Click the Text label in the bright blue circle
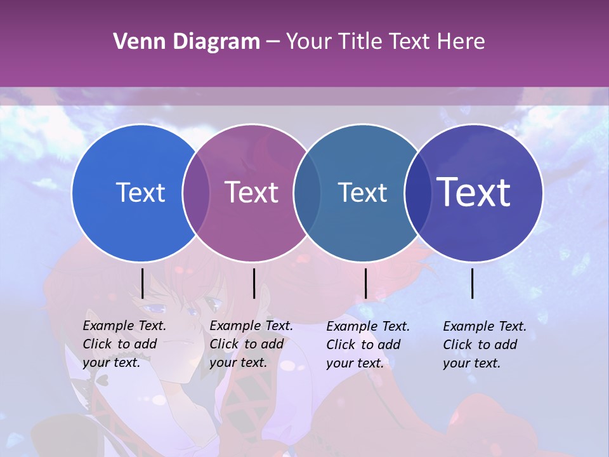coord(141,192)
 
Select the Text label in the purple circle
coord(252,192)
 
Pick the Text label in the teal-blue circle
coord(363,192)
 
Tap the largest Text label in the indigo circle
coord(474,192)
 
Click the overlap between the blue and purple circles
coord(196,192)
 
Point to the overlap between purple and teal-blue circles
coord(307,192)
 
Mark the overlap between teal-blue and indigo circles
coord(418,192)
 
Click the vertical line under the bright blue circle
coord(142,283)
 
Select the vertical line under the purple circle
coord(254,283)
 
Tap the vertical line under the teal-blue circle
coord(365,283)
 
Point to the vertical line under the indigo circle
coord(473,283)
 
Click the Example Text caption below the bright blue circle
coord(124,344)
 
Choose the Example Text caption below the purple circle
coord(251,344)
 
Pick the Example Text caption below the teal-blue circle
coord(368,345)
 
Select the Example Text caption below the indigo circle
coord(485,345)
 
